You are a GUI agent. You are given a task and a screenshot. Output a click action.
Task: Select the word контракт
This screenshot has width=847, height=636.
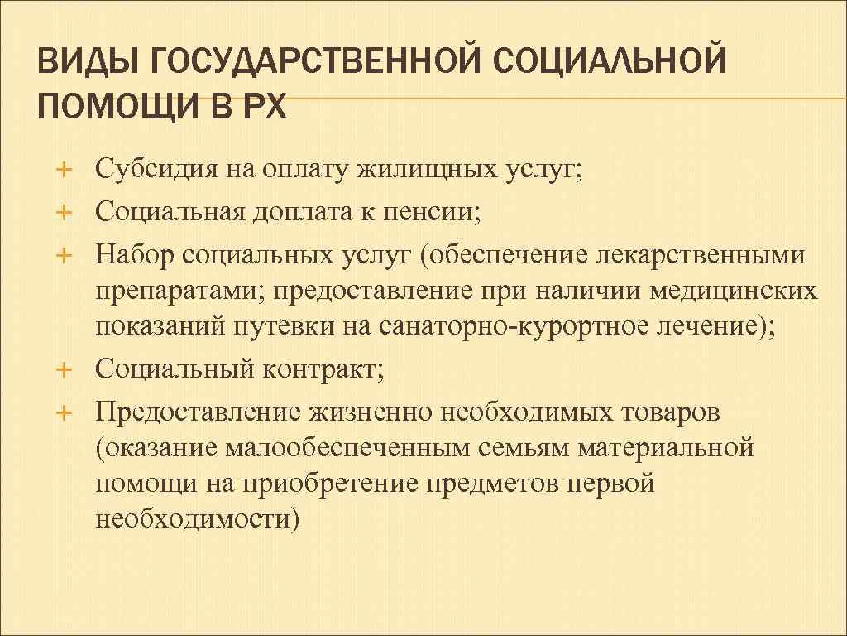(323, 369)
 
